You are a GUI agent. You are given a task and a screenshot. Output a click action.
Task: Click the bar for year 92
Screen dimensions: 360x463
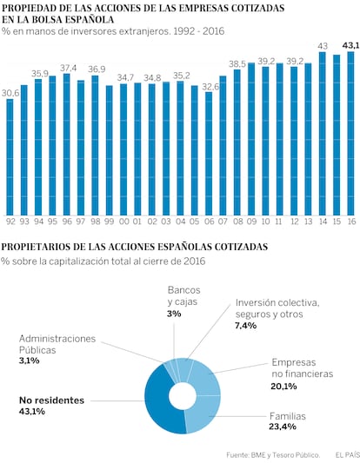[10, 157]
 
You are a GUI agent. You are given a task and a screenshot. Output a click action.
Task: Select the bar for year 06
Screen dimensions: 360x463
[209, 154]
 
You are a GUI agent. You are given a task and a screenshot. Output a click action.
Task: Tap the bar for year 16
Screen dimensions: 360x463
[350, 134]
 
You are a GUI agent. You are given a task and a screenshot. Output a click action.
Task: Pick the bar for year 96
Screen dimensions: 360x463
[67, 144]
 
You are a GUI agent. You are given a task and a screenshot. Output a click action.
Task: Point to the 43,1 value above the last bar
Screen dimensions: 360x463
[350, 46]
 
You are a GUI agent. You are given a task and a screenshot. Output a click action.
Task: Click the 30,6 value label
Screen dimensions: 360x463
[10, 93]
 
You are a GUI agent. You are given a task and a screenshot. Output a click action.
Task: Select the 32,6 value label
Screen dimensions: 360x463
[210, 87]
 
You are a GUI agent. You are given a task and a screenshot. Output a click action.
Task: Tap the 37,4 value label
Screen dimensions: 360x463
[69, 69]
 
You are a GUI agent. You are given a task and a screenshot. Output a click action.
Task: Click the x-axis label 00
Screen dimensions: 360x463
[124, 222]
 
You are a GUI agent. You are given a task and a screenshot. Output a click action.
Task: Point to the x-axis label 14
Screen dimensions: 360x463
[323, 222]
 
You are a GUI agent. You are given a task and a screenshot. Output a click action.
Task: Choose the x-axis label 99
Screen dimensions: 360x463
[109, 222]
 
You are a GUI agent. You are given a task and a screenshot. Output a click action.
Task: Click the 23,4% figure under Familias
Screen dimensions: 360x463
[283, 427]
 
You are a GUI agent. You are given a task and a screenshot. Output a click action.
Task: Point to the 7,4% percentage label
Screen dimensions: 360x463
[245, 326]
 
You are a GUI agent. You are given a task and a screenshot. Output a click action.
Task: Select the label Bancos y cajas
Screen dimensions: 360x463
[183, 296]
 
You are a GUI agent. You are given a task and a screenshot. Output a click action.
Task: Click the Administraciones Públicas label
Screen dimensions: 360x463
[57, 344]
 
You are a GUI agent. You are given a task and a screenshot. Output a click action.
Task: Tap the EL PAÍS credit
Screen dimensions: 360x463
[347, 455]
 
